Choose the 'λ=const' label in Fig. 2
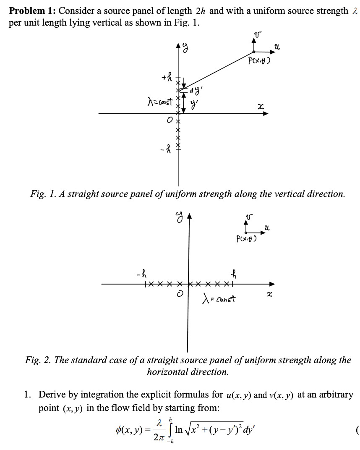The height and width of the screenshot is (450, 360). (x=219, y=299)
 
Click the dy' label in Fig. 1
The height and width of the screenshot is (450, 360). (x=196, y=89)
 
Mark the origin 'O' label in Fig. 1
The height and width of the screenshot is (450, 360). (x=168, y=121)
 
